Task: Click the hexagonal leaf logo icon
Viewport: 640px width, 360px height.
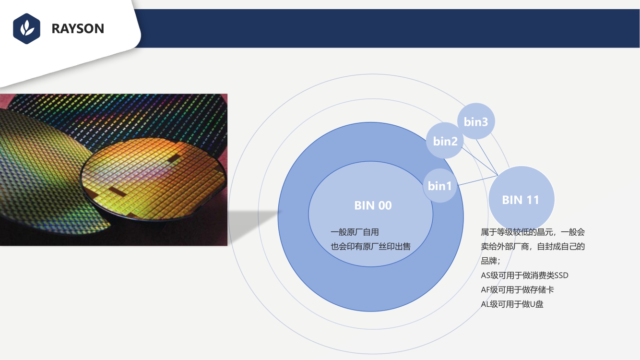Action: [26, 29]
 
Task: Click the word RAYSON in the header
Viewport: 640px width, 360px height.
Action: [78, 29]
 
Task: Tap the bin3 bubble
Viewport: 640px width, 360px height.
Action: [476, 121]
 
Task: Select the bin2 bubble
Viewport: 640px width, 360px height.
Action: [445, 141]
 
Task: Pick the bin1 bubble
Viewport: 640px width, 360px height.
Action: [440, 186]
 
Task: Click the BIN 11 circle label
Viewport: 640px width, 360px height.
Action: [521, 200]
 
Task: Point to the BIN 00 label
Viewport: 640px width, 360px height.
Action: [373, 205]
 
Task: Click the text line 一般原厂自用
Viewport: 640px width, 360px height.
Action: [355, 232]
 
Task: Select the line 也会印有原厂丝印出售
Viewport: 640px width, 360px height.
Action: [370, 246]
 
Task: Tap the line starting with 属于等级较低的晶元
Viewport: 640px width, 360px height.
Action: [533, 232]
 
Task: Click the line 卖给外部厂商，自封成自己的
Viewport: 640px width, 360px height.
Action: [533, 246]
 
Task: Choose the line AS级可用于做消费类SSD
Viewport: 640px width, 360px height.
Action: [524, 275]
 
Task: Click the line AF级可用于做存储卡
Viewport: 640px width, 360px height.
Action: [518, 289]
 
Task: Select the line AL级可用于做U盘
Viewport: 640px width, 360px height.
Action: [512, 304]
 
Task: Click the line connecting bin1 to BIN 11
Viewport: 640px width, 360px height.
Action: [478, 180]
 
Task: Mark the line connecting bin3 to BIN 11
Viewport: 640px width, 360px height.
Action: [487, 157]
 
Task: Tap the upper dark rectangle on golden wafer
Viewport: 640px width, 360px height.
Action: [174, 158]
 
